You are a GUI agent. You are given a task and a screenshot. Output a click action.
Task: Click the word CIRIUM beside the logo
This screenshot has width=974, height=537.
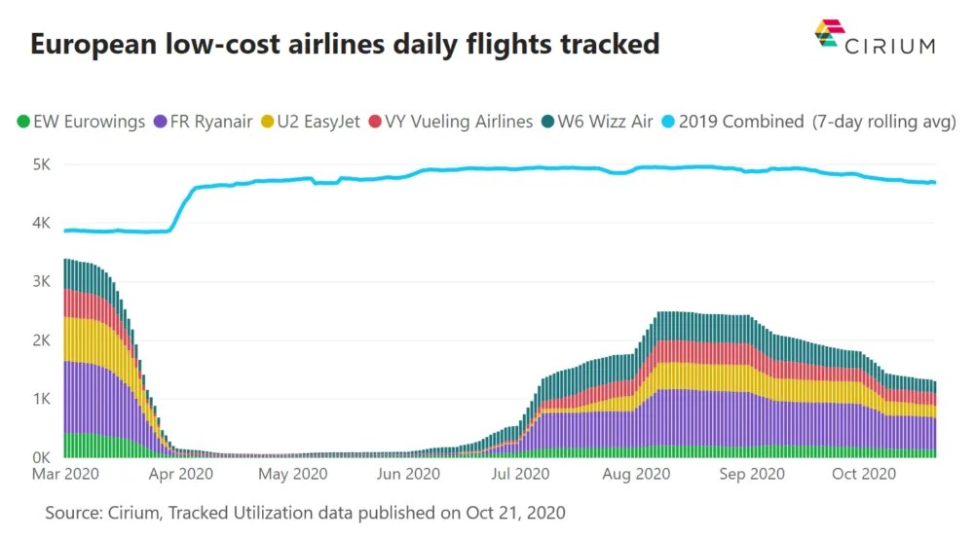point(891,45)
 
